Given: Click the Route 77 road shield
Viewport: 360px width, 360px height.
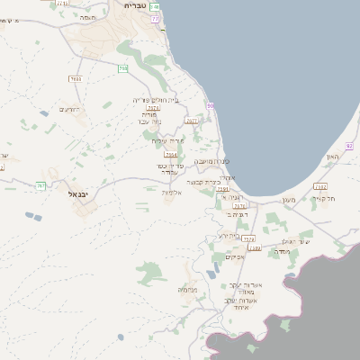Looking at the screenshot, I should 156,19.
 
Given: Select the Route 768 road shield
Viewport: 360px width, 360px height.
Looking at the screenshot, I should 122,67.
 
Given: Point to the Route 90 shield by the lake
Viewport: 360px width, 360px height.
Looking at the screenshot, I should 210,106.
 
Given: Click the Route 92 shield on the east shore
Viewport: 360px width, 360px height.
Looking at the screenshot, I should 349,146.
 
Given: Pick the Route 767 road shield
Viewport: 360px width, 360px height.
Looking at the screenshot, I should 40,185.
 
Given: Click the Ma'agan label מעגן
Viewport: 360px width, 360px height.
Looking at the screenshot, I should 288,199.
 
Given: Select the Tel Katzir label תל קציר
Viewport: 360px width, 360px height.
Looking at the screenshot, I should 324,198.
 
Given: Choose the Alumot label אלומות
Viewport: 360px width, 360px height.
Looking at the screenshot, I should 172,192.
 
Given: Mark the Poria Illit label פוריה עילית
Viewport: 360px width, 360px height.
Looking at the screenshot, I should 167,139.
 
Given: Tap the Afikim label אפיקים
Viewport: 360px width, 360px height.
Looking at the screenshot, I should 235,256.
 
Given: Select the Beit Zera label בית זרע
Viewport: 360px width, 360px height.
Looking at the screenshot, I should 229,235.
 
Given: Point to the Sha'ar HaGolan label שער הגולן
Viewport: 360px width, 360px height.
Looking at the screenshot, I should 295,241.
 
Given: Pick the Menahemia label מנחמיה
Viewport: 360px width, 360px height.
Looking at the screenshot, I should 188,289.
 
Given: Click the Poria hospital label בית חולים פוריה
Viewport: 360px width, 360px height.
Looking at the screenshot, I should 156,99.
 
